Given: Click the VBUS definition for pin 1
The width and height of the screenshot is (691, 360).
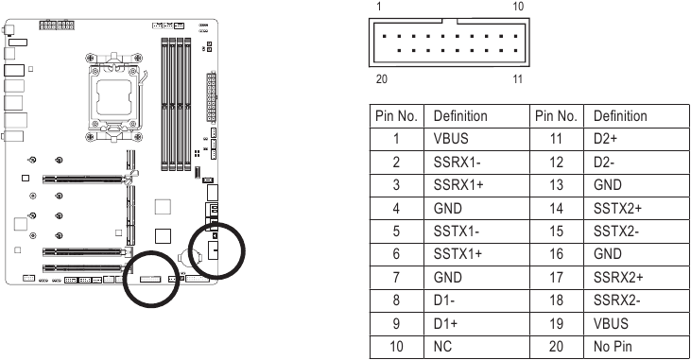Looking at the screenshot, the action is pyautogui.click(x=451, y=139).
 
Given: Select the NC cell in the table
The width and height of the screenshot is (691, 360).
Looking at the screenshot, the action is pyautogui.click(x=442, y=347).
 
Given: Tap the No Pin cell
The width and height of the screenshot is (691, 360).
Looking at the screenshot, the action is pyautogui.click(x=613, y=347).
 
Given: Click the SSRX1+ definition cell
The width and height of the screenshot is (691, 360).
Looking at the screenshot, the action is pyautogui.click(x=458, y=184).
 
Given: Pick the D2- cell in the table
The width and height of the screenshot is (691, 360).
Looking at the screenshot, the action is pyautogui.click(x=604, y=163).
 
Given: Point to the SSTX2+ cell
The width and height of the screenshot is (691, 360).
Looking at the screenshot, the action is pyautogui.click(x=617, y=208).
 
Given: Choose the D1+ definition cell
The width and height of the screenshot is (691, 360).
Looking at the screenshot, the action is pyautogui.click(x=445, y=323).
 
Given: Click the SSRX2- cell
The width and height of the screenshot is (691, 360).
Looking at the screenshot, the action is pyautogui.click(x=616, y=300).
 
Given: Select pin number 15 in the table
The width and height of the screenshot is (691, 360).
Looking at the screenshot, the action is pyautogui.click(x=556, y=231).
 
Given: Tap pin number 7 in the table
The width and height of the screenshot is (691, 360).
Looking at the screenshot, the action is pyautogui.click(x=396, y=277).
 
